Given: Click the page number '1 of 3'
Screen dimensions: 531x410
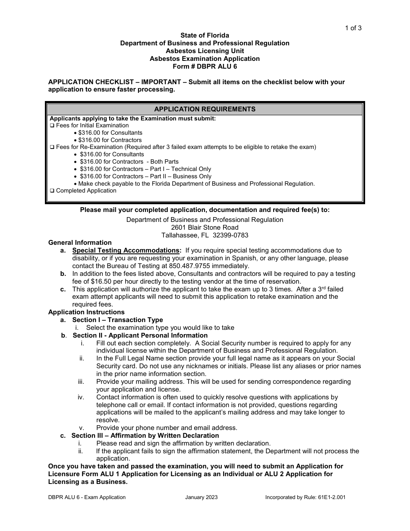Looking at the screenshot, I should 353,28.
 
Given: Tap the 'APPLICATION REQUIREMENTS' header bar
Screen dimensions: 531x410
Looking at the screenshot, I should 205,109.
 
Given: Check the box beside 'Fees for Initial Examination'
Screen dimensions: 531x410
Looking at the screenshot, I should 52,126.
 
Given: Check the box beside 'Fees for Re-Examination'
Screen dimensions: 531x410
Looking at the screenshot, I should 52,147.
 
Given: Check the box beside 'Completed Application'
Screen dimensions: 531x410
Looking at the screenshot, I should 52,191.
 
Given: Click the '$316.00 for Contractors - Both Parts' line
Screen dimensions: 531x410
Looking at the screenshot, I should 129,161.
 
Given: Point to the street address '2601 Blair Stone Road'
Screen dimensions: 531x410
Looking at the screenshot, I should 205,228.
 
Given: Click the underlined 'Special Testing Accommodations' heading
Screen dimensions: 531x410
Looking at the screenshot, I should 126,250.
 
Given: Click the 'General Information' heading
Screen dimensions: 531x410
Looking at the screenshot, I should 80,243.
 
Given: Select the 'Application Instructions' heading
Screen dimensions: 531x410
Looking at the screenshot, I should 86,312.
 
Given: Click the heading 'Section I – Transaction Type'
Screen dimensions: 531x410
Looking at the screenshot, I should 117,320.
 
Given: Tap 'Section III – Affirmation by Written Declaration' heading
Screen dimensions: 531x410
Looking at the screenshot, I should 145,436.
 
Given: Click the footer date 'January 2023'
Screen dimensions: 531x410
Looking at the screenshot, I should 202,497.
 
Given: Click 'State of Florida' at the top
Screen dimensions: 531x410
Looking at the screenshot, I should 205,35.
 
